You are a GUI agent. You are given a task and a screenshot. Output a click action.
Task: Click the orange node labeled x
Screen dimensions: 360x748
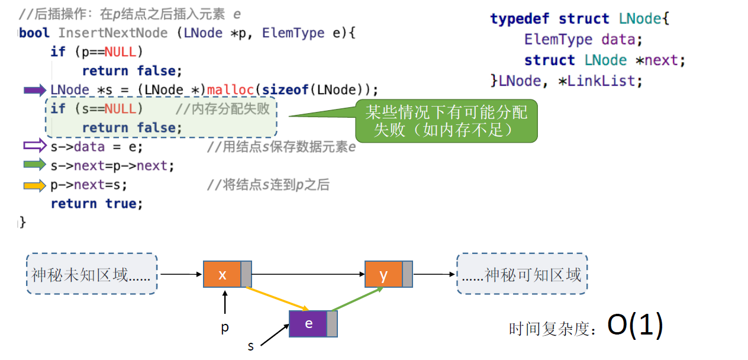pyautogui.click(x=223, y=275)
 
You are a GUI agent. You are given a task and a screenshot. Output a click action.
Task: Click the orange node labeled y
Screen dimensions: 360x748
pyautogui.click(x=383, y=275)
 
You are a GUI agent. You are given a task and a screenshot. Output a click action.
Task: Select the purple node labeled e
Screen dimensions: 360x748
pyautogui.click(x=308, y=324)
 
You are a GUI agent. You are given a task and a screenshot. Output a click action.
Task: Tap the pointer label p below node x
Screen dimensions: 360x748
pyautogui.click(x=225, y=327)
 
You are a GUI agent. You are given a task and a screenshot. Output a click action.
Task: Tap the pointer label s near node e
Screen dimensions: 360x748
pyautogui.click(x=251, y=346)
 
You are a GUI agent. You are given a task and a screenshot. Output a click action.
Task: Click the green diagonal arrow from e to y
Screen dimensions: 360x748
pyautogui.click(x=357, y=298)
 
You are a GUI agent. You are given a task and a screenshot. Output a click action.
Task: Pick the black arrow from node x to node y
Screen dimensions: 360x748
pyautogui.click(x=308, y=275)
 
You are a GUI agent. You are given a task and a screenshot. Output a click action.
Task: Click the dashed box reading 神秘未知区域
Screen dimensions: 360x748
pyautogui.click(x=92, y=274)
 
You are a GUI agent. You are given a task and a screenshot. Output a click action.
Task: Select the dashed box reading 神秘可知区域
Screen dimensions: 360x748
pyautogui.click(x=522, y=274)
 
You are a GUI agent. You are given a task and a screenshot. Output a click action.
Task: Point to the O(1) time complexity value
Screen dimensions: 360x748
pyautogui.click(x=635, y=326)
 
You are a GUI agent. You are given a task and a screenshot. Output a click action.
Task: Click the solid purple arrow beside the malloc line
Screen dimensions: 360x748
pyautogui.click(x=34, y=90)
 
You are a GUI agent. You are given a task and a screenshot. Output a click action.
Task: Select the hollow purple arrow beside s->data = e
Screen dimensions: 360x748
pyautogui.click(x=34, y=146)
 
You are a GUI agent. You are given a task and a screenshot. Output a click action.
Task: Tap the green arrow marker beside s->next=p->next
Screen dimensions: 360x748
pyautogui.click(x=34, y=165)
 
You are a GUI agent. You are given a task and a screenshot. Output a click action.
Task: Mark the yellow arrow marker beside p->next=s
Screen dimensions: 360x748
pyautogui.click(x=34, y=185)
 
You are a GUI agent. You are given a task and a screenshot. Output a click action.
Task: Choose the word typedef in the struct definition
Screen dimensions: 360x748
pyautogui.click(x=521, y=19)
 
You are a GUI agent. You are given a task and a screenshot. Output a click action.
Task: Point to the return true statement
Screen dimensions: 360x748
pyautogui.click(x=96, y=204)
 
